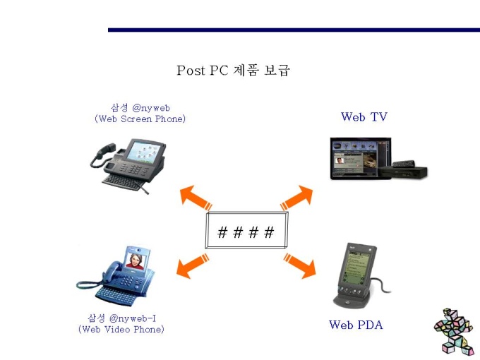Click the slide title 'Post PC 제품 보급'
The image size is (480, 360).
tap(233, 70)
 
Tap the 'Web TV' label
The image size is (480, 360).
tap(364, 116)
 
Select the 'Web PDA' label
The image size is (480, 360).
tap(356, 325)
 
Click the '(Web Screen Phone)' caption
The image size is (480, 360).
tap(140, 119)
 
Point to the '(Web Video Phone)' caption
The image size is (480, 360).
tap(121, 330)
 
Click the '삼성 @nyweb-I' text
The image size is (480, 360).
tap(122, 318)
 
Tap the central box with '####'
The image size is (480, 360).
tap(247, 230)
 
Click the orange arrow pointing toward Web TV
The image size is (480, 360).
tap(296, 198)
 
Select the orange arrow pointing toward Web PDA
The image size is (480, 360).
tap(299, 265)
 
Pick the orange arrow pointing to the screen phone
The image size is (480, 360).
tap(196, 198)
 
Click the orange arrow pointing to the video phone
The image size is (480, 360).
tap(193, 265)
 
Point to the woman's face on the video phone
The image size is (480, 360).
tap(136, 260)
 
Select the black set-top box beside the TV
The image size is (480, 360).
tap(402, 172)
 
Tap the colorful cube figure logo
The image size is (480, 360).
tap(454, 331)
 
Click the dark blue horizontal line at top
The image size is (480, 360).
tap(294, 30)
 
